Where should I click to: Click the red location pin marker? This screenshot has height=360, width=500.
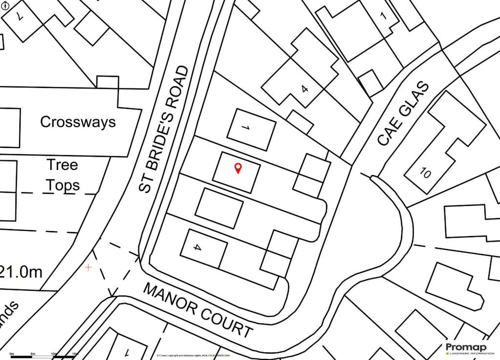[x=238, y=168]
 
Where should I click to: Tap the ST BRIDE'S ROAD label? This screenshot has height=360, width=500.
[x=163, y=129]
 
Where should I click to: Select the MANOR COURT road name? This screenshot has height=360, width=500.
[x=198, y=310]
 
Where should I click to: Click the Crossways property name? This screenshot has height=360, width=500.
[x=78, y=122]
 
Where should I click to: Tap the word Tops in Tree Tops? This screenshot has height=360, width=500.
[x=63, y=185]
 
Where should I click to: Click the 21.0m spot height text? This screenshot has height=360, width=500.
[x=22, y=272]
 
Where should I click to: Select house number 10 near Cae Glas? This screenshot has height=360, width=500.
[x=424, y=173]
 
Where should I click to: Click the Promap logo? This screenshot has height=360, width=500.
[x=466, y=347]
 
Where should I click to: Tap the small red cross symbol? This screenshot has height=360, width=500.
[x=88, y=268]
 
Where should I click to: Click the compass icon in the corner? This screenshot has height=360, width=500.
[x=6, y=6]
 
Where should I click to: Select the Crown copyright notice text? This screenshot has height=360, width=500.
[x=195, y=355]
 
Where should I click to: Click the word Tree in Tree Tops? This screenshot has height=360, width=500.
[x=62, y=165]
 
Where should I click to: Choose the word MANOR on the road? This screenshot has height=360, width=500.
[x=169, y=298]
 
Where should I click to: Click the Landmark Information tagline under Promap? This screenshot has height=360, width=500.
[x=468, y=353]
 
